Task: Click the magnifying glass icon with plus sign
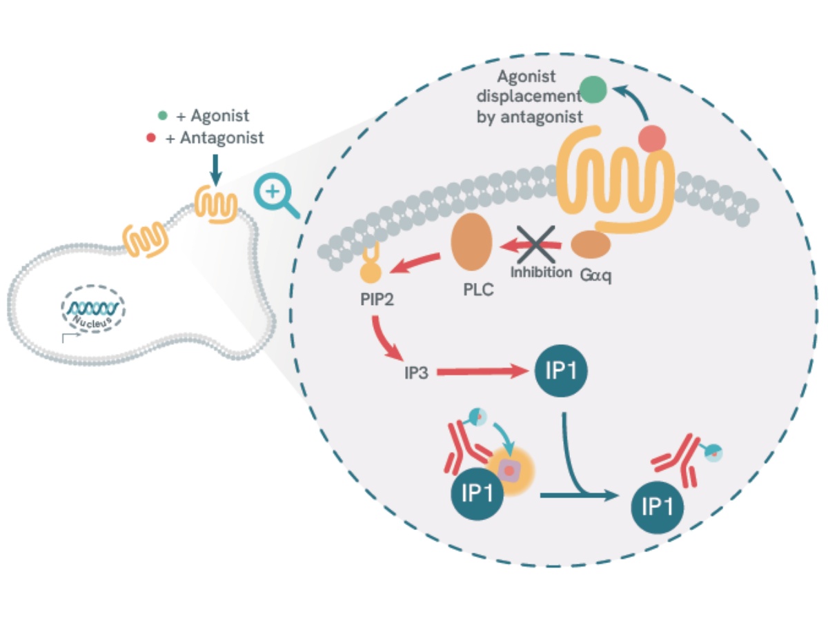275,193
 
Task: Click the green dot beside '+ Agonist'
163,116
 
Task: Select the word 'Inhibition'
541,272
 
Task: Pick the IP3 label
417,373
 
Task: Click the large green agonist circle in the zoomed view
593,90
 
